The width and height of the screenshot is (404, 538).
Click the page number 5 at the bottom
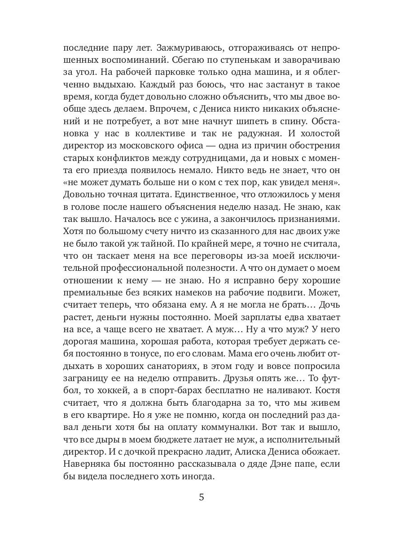202,497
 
